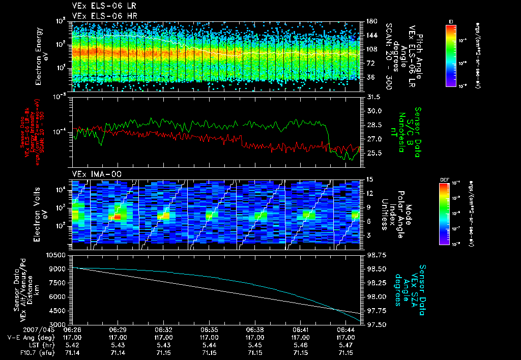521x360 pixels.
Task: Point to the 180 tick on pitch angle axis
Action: pos(371,21)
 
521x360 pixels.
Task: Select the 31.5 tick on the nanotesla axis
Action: pos(374,97)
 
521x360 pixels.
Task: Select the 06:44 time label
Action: pos(346,329)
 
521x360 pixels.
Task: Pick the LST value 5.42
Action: pos(72,345)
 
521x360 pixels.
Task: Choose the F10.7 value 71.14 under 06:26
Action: pos(72,353)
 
